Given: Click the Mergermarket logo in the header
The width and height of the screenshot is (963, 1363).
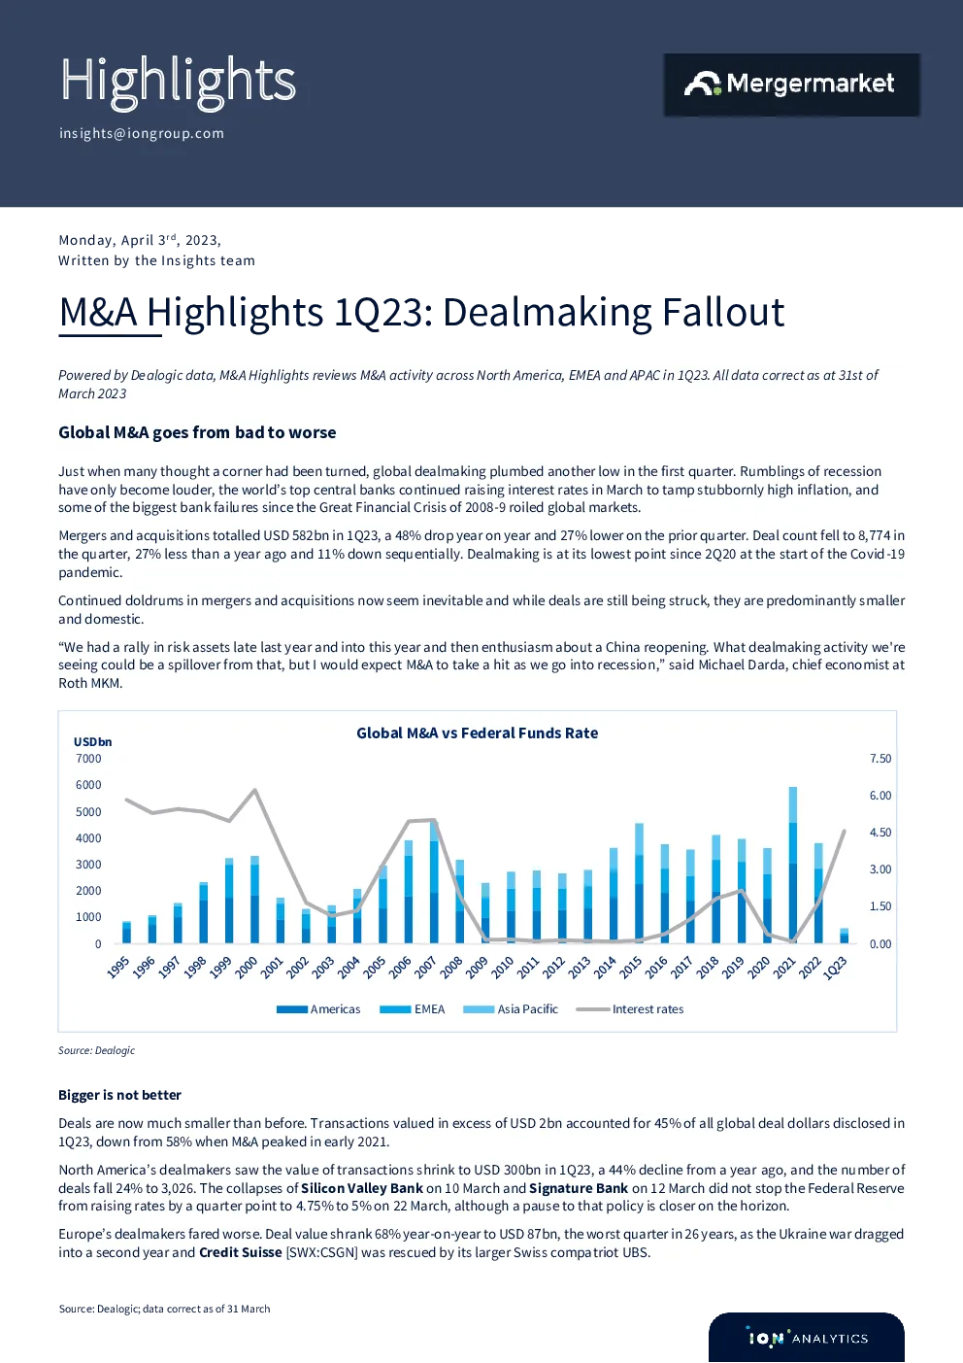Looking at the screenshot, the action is pos(791,85).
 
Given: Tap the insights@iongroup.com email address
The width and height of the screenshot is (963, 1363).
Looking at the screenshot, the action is pos(142,133).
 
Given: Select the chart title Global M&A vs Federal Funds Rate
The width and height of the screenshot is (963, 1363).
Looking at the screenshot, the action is pos(478,733).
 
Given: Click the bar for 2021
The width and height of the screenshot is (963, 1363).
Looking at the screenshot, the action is pos(793,865).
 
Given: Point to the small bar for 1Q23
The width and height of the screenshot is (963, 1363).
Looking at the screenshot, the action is pos(844,936).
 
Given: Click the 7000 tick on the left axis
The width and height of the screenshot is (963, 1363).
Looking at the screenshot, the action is pos(88,758).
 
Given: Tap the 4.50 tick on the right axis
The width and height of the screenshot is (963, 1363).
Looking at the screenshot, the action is pos(880,833).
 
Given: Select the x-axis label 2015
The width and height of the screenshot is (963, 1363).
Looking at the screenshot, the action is pos(630,967).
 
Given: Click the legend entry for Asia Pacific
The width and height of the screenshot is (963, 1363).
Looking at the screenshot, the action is pos(511,1008).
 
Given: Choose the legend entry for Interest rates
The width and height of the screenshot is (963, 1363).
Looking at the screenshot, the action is pos(630,1008).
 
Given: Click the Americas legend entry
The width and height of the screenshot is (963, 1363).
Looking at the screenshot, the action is pos(318,1008).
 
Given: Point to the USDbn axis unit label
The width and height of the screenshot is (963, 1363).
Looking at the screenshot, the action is pos(92,742).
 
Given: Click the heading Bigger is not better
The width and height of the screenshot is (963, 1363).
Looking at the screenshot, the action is pos(119,1095).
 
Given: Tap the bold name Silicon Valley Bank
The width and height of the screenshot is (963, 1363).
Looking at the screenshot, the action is pos(362,1188).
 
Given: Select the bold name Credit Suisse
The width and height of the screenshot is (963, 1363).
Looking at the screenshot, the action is pos(241,1252).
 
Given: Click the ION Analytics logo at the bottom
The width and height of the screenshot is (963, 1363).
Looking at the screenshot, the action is pos(807,1338).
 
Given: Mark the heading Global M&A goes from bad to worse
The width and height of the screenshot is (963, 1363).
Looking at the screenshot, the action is pos(197,432).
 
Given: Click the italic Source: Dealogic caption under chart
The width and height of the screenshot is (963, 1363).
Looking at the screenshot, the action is pos(97,1050).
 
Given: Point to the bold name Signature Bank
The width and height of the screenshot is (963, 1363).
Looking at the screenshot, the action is pos(579,1188).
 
